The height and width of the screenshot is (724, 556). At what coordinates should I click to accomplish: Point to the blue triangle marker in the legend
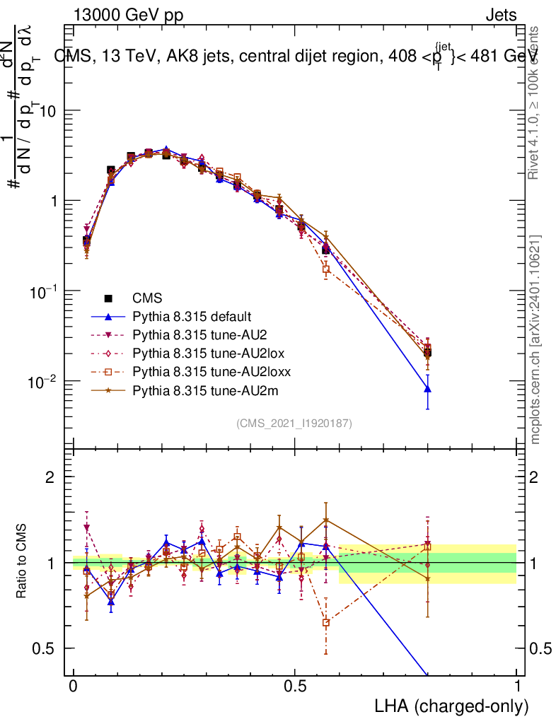tap(109, 316)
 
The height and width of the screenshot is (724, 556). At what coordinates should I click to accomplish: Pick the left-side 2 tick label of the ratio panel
tap(50, 477)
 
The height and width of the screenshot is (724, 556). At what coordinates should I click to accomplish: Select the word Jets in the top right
tap(501, 16)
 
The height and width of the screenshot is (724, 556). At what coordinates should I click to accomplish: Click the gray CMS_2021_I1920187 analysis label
tap(294, 423)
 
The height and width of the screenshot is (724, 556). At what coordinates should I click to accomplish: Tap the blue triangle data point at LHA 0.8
tap(427, 388)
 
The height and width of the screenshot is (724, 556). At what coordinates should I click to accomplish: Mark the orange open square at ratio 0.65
tap(325, 623)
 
